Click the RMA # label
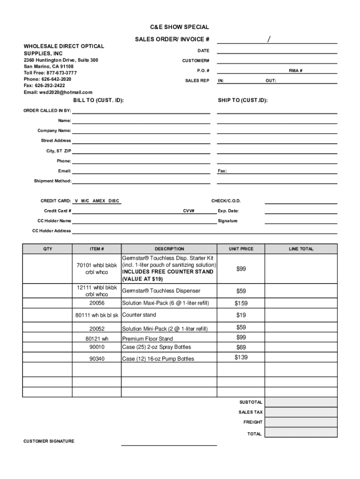[x=295, y=71]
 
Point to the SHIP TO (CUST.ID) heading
[x=243, y=101]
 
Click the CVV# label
[x=189, y=211]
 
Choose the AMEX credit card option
[x=99, y=201]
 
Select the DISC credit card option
[x=114, y=201]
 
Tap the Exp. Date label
[x=228, y=211]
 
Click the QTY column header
[x=48, y=249]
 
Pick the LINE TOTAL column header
[x=301, y=249]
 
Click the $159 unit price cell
[x=241, y=303]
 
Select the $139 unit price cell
[x=241, y=358]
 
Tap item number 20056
[x=97, y=303]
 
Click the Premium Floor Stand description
[x=147, y=339]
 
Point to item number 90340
[x=97, y=359]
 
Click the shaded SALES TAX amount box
[x=301, y=412]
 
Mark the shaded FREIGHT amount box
[x=301, y=422]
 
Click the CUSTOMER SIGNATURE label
[x=49, y=442]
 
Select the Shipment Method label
[x=52, y=181]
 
